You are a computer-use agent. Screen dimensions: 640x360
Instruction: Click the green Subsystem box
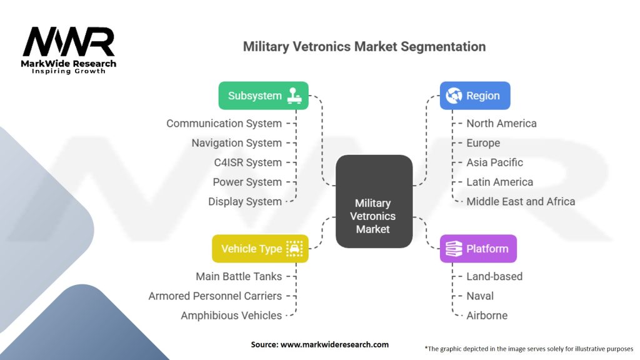click(x=263, y=96)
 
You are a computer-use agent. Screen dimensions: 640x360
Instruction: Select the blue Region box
click(x=475, y=96)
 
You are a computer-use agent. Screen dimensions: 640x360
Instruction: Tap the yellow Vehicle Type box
click(x=260, y=249)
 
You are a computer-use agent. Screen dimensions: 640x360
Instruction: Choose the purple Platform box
click(x=478, y=249)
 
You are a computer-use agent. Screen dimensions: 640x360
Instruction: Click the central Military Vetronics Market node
click(x=374, y=201)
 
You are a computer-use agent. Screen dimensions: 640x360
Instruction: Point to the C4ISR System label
click(x=247, y=162)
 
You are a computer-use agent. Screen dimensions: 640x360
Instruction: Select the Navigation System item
click(x=237, y=143)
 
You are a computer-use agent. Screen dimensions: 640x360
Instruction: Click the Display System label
click(x=245, y=202)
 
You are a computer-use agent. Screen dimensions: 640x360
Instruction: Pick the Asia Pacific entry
click(x=494, y=162)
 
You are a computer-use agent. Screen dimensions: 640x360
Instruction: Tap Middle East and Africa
click(x=521, y=202)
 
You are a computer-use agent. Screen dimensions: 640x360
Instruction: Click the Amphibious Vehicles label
click(x=231, y=316)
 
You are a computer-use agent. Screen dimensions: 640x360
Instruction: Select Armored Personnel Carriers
click(x=215, y=296)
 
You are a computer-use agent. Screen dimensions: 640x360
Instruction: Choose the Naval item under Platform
click(x=480, y=296)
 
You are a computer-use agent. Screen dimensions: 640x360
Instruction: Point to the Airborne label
click(x=487, y=316)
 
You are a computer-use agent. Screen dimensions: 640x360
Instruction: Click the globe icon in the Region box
click(x=454, y=96)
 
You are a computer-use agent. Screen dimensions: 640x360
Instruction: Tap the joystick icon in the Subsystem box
click(x=294, y=96)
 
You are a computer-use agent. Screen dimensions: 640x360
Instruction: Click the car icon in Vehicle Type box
click(x=294, y=249)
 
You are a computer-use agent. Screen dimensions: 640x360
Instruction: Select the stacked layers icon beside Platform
click(x=454, y=249)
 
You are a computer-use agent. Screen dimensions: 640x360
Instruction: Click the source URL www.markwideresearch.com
click(x=334, y=344)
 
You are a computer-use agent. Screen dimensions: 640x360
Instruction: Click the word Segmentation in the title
click(x=443, y=47)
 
